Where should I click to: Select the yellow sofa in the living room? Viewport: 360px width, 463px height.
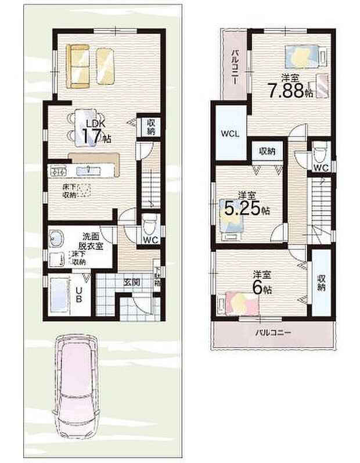click(x=78, y=66)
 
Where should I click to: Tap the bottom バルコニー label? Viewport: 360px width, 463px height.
click(x=273, y=333)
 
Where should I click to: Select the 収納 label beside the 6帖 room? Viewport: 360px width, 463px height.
click(x=321, y=282)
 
